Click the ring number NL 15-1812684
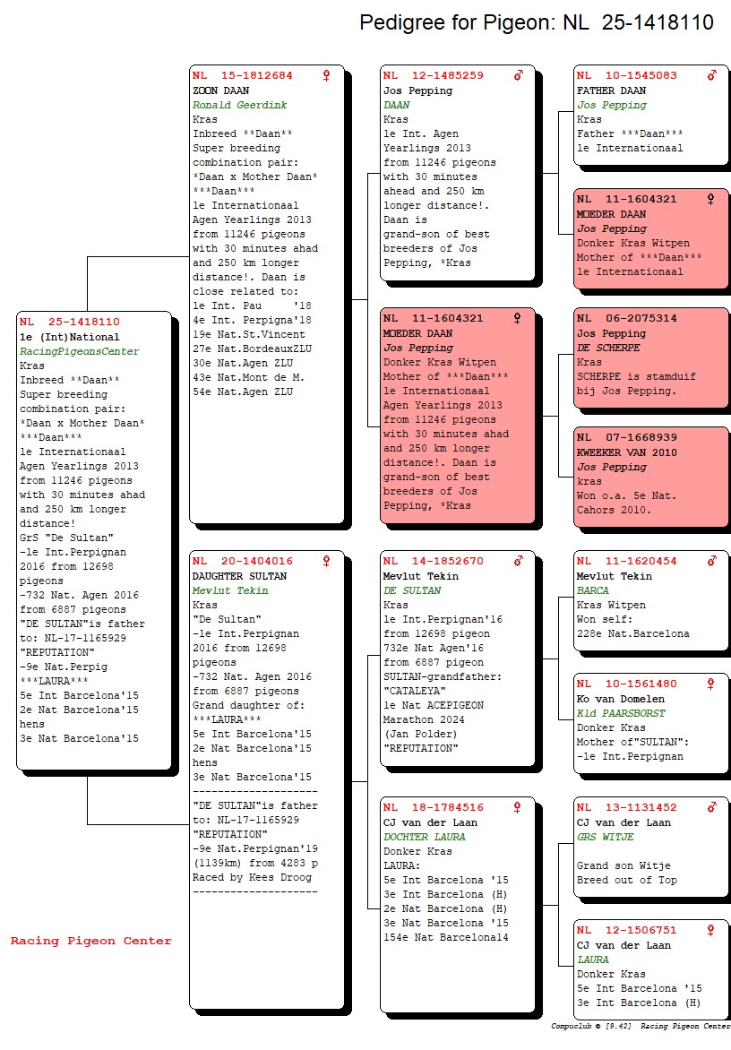click(242, 76)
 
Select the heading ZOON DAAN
click(220, 90)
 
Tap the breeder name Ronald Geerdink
click(239, 105)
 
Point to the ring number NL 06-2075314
click(626, 319)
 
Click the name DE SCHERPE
click(608, 348)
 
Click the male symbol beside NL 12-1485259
click(518, 76)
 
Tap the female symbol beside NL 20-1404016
click(326, 562)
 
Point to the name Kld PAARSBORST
click(621, 713)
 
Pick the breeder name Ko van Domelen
click(621, 699)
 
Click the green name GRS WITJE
click(605, 837)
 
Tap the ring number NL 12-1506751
click(626, 931)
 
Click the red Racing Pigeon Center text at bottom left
click(90, 941)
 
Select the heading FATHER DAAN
click(611, 90)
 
